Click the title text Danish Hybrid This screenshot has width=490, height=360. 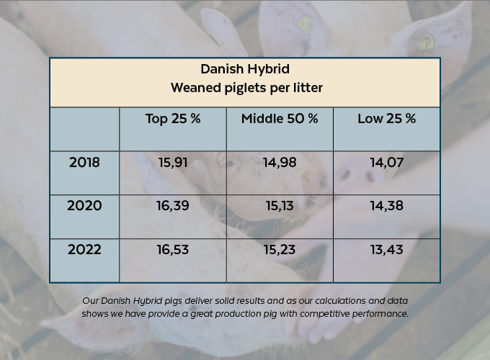click(x=244, y=70)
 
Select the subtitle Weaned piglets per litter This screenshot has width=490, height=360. click(x=244, y=88)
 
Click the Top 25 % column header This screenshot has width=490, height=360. click(x=172, y=119)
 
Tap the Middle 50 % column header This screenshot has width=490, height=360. click(x=280, y=119)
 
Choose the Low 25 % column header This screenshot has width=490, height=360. click(x=386, y=119)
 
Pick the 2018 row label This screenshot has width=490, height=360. click(x=84, y=162)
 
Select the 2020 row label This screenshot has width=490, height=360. click(x=84, y=206)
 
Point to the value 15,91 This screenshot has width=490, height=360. click(x=172, y=163)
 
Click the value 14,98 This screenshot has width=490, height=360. click(x=280, y=163)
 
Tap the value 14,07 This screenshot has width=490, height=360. click(x=386, y=163)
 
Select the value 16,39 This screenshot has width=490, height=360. click(x=172, y=206)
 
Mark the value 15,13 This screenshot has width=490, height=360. click(x=280, y=206)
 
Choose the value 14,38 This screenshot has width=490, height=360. click(x=386, y=206)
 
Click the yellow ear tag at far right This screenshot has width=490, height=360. click(x=426, y=41)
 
